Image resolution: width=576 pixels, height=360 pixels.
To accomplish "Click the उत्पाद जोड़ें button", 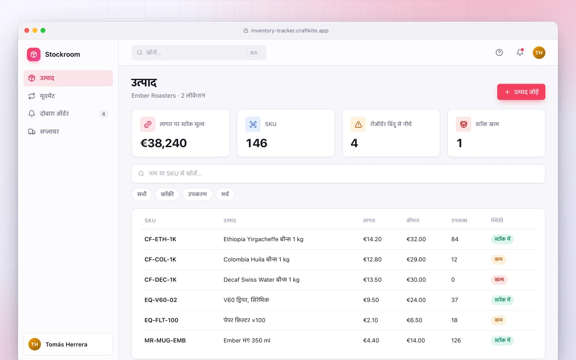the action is [x=521, y=92].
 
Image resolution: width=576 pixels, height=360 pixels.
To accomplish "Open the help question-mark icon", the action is [x=499, y=53].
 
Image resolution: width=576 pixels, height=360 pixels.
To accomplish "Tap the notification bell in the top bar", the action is [x=520, y=52].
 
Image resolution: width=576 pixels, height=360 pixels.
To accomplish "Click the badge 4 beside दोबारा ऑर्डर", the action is [x=103, y=114].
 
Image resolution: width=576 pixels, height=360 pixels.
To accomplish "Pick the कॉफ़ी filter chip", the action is [x=167, y=194].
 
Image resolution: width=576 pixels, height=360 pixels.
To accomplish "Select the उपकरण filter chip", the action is [x=197, y=194].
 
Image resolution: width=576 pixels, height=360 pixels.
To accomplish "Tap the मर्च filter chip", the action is [x=225, y=194].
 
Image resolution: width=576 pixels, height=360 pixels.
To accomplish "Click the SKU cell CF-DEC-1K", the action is [x=161, y=279].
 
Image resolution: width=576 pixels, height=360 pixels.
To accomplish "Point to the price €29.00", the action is [x=416, y=259].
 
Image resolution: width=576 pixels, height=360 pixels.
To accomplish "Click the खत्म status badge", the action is [x=499, y=279].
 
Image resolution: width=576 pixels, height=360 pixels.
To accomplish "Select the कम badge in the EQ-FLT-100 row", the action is [x=498, y=320].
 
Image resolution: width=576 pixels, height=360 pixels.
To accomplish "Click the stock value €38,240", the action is [x=163, y=143].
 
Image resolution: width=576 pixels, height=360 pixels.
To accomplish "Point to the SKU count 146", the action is [x=256, y=143].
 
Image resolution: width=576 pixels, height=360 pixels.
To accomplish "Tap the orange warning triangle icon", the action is [x=358, y=125].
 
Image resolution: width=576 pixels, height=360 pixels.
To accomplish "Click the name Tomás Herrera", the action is [x=66, y=344].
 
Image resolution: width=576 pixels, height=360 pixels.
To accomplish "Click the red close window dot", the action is [x=27, y=30].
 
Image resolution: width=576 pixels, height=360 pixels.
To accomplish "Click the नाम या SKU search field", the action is [x=338, y=174].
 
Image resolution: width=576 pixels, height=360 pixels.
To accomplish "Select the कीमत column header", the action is [x=413, y=220].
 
